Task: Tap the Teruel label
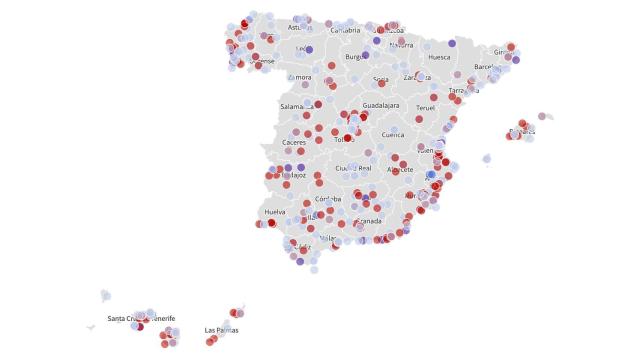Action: pyautogui.click(x=426, y=107)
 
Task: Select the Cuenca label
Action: pyautogui.click(x=393, y=133)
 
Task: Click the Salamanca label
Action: pyautogui.click(x=298, y=106)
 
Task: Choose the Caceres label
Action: pyautogui.click(x=294, y=142)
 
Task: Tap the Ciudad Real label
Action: pyautogui.click(x=354, y=168)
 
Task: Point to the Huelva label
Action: pyautogui.click(x=275, y=212)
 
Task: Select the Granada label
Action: pyautogui.click(x=369, y=220)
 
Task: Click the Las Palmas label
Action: pyautogui.click(x=221, y=330)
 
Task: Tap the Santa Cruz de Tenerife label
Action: pyautogui.click(x=141, y=318)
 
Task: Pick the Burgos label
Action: pyautogui.click(x=358, y=57)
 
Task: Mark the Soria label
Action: pyautogui.click(x=381, y=79)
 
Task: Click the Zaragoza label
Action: pyautogui.click(x=417, y=77)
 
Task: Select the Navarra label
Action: pyautogui.click(x=401, y=45)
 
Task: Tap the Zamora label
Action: pyautogui.click(x=299, y=77)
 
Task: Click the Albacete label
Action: pyautogui.click(x=400, y=169)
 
